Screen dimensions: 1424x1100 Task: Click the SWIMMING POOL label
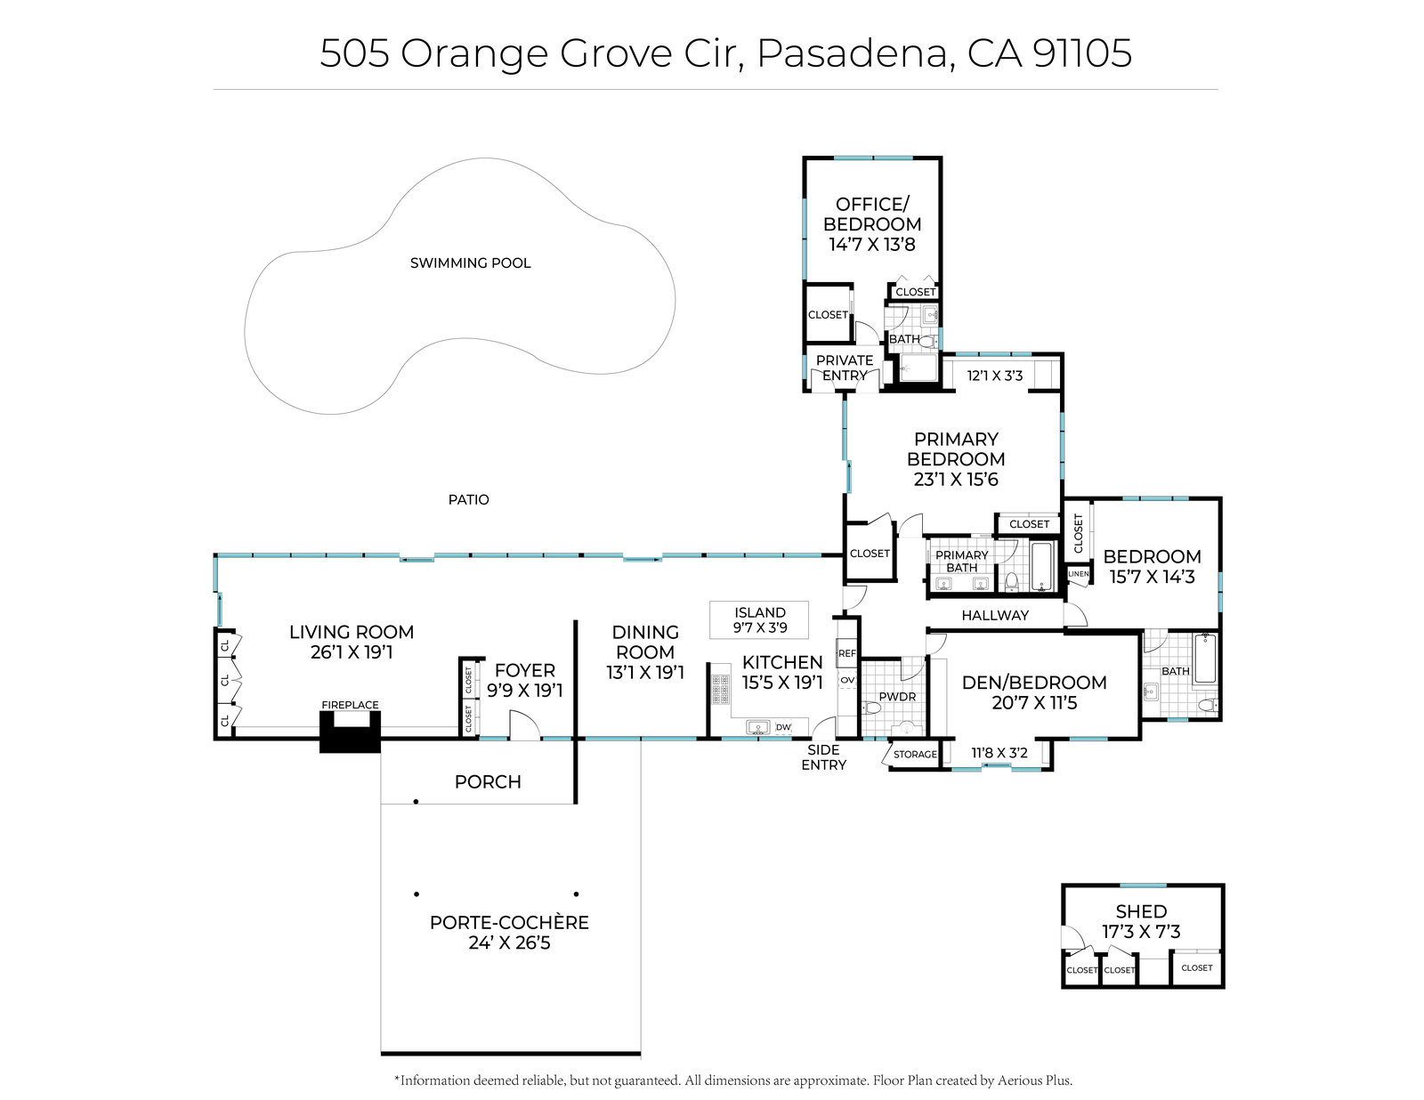point(470,263)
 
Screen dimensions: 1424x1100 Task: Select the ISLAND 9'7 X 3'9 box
point(759,619)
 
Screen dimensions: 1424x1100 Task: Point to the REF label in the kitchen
point(846,653)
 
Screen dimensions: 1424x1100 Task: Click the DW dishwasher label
point(783,726)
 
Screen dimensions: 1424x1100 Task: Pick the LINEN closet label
point(1079,574)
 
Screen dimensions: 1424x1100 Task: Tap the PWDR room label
point(897,697)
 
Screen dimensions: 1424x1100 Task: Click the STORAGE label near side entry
point(915,754)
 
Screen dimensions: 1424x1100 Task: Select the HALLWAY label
point(995,615)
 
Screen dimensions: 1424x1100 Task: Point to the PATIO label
point(468,500)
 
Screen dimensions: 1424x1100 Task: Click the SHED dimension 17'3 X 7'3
point(1141,932)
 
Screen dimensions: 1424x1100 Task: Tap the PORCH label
point(488,781)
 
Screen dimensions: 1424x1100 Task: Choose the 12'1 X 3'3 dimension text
point(995,376)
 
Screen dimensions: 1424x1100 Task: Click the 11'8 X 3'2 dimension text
point(999,754)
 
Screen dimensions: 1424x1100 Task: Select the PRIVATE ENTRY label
point(845,368)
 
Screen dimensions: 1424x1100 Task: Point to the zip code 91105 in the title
point(1082,53)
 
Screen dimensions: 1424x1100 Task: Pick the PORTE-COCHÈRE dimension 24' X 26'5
point(509,942)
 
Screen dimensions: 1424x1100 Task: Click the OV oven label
point(846,680)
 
